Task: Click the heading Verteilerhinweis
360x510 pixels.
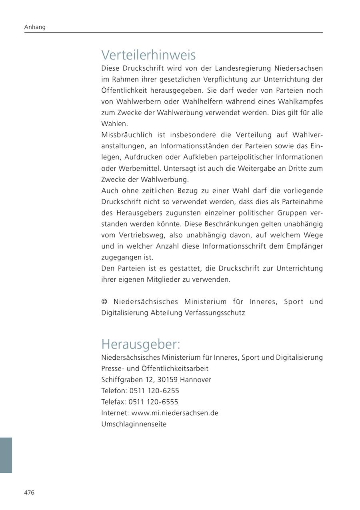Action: [x=148, y=55]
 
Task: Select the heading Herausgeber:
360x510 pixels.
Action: [x=141, y=344]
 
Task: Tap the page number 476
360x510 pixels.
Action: [x=29, y=492]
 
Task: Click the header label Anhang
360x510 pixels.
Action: [x=35, y=27]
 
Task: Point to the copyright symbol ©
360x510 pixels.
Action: [x=105, y=302]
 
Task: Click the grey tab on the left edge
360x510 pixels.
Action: [x=6, y=455]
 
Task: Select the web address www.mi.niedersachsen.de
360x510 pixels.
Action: [x=175, y=413]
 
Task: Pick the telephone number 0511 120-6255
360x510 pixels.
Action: [x=154, y=390]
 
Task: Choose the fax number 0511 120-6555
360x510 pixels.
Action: [x=154, y=402]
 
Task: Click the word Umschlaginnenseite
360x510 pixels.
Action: [x=134, y=424]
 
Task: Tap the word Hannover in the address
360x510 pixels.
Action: [x=196, y=379]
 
